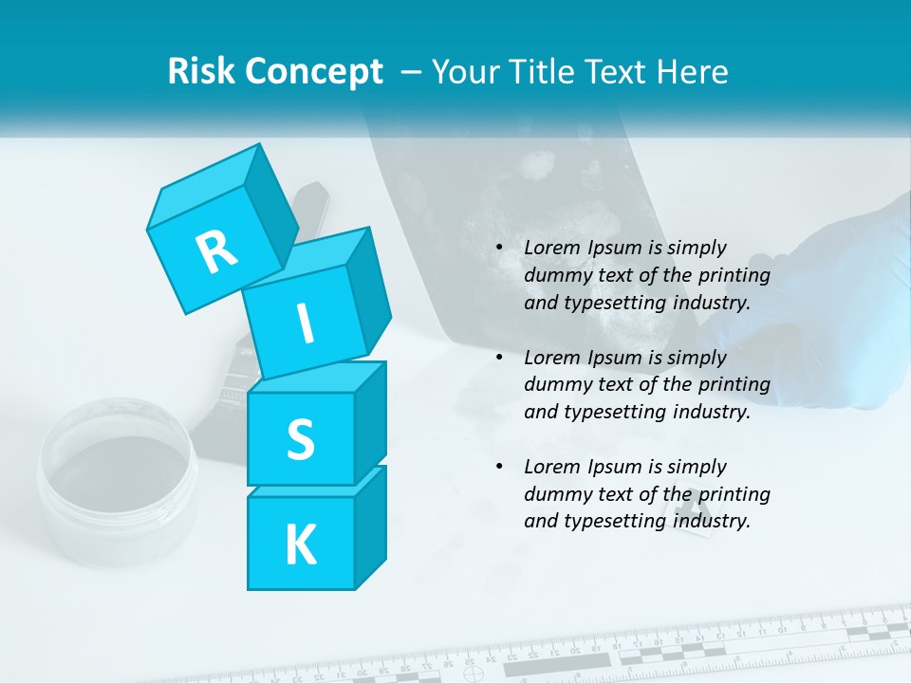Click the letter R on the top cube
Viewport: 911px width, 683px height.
(216, 251)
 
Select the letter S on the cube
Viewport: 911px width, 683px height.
(300, 439)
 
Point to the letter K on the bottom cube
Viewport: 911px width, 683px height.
(300, 545)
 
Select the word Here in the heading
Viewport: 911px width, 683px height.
(694, 71)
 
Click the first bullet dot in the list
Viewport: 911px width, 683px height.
(500, 249)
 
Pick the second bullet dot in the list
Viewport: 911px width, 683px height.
(500, 358)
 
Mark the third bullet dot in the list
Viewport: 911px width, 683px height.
(500, 467)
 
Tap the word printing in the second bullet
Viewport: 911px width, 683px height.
(734, 385)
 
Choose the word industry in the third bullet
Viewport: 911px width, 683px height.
(712, 521)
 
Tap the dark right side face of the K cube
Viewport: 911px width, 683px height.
(370, 526)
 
